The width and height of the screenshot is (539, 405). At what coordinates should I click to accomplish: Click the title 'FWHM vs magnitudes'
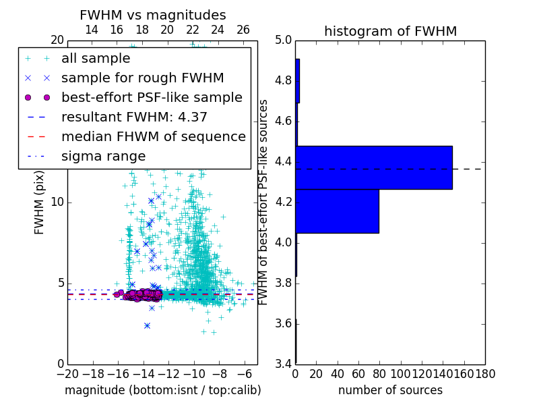(x=153, y=15)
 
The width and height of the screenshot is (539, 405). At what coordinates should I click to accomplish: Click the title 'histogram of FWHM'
(x=390, y=31)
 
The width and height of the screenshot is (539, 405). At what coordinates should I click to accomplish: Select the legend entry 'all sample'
(x=96, y=59)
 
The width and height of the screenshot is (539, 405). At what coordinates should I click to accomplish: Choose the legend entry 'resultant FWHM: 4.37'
(x=134, y=117)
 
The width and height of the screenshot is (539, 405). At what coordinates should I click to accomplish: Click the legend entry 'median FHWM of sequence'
(x=153, y=136)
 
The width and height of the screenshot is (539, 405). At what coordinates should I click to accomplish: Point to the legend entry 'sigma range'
(x=103, y=156)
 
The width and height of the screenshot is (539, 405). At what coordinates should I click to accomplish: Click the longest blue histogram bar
(x=374, y=167)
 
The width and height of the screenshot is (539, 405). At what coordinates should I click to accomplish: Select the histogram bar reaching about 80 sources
(x=337, y=211)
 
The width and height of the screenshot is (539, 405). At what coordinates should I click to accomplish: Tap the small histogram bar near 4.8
(x=297, y=81)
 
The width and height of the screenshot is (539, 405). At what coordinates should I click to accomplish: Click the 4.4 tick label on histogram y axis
(x=283, y=161)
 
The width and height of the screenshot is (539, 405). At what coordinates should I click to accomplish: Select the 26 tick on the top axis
(x=243, y=30)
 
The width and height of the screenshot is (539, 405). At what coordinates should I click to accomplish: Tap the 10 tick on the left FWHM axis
(x=57, y=202)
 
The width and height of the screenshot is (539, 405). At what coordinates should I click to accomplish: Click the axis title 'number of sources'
(x=390, y=390)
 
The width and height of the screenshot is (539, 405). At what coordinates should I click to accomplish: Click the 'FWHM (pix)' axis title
(x=40, y=202)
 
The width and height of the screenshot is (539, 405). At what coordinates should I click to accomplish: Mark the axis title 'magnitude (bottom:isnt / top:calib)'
(x=162, y=390)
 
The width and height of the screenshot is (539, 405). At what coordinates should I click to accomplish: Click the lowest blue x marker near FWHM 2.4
(x=147, y=325)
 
